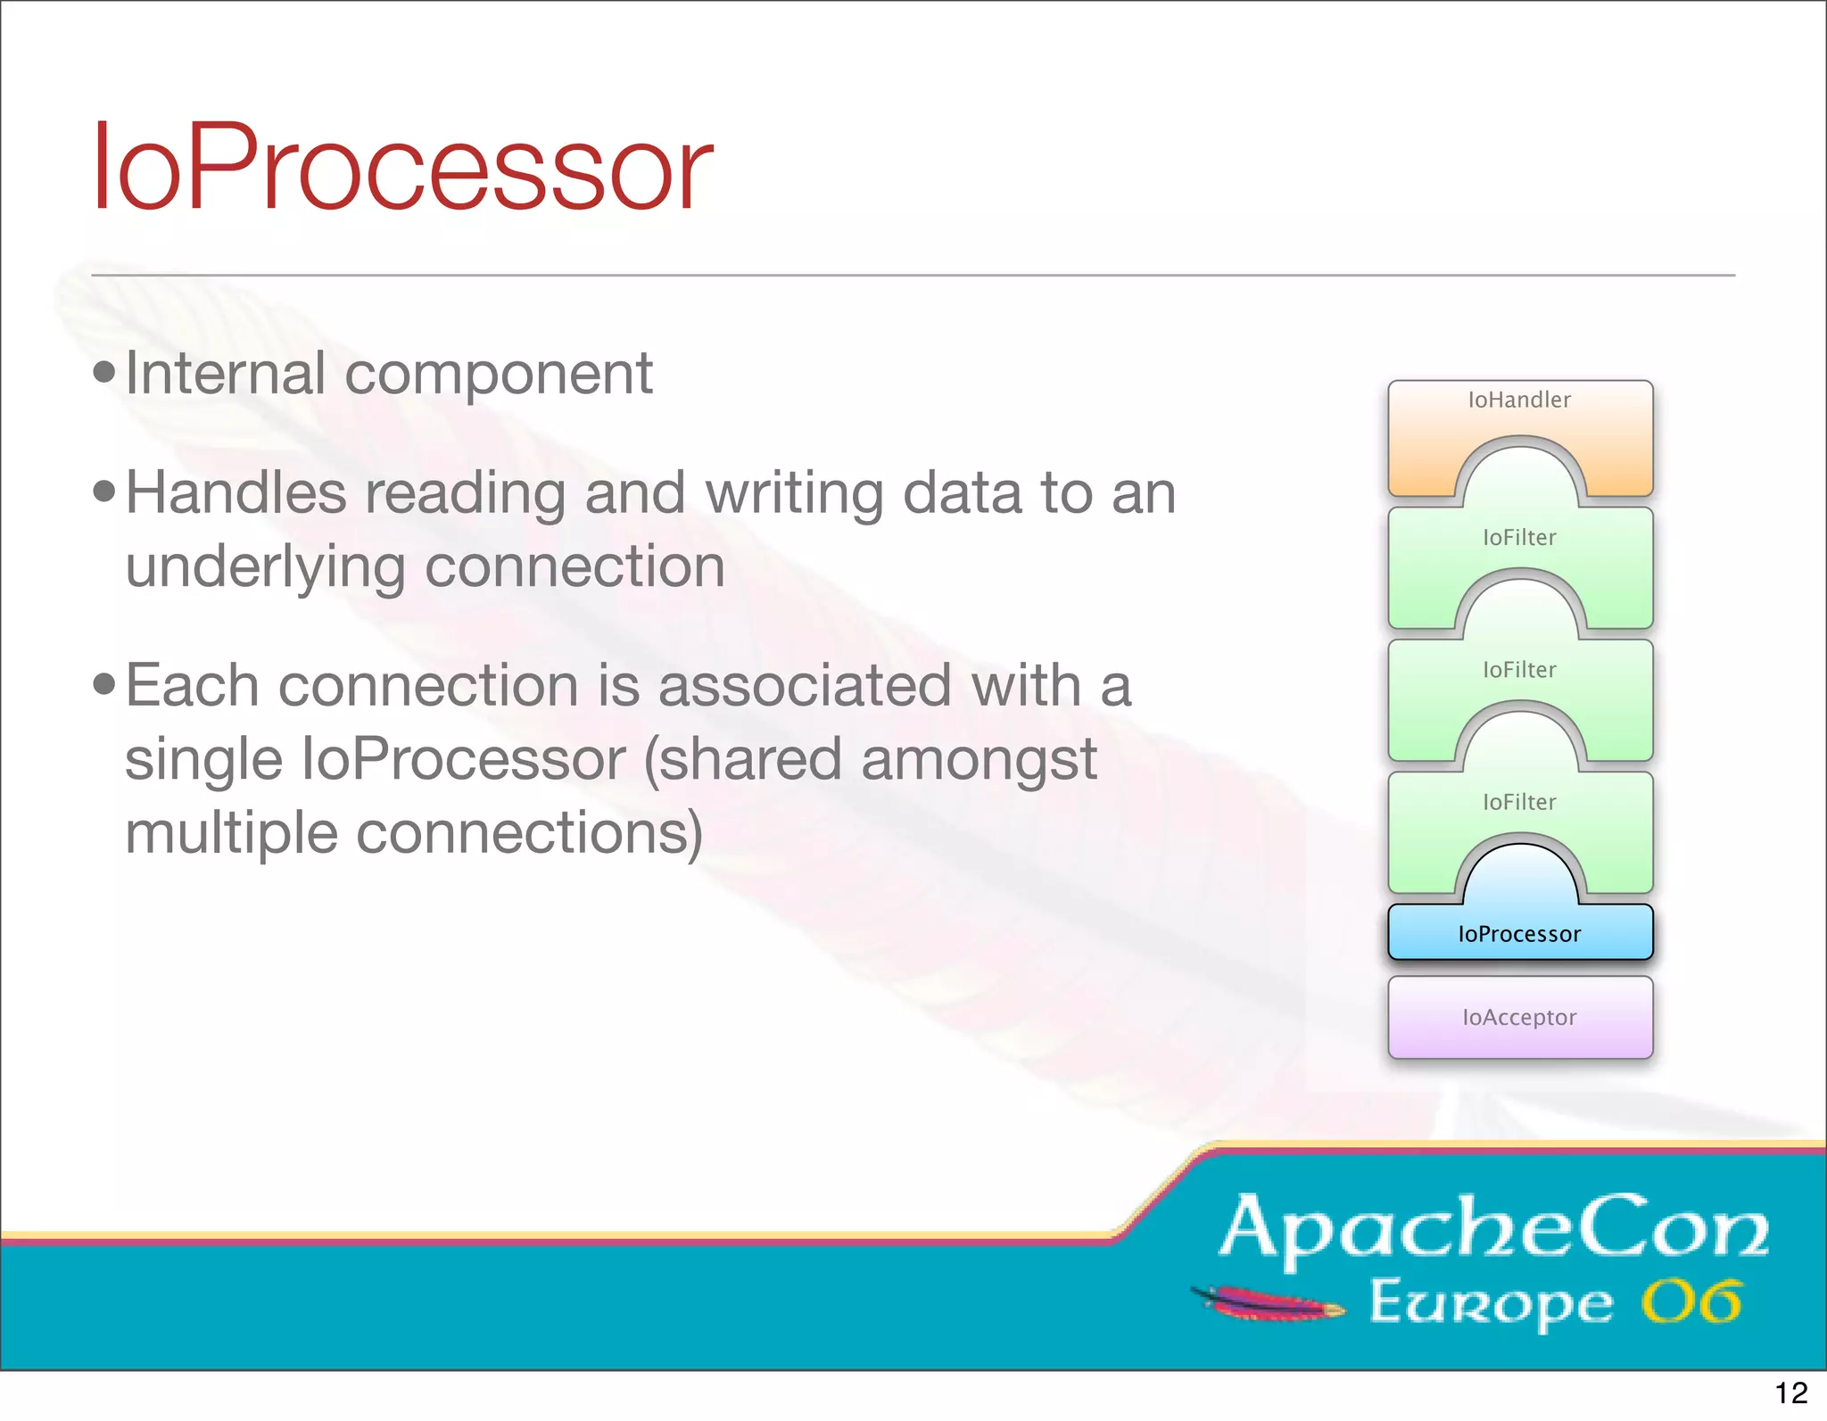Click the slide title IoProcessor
tap(401, 168)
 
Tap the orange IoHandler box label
tap(1519, 400)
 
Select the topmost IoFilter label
tap(1519, 537)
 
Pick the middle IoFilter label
tap(1519, 670)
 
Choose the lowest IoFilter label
tap(1519, 802)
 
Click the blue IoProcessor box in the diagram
tap(1519, 933)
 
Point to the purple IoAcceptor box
tap(1519, 1017)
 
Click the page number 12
tap(1790, 1392)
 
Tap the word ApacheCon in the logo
tap(1493, 1229)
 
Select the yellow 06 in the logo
tap(1691, 1303)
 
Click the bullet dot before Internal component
tap(104, 372)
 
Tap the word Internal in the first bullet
tap(225, 373)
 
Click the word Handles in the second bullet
tap(236, 492)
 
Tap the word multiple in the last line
tap(230, 833)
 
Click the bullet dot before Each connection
tap(104, 685)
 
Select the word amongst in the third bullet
tap(979, 760)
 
